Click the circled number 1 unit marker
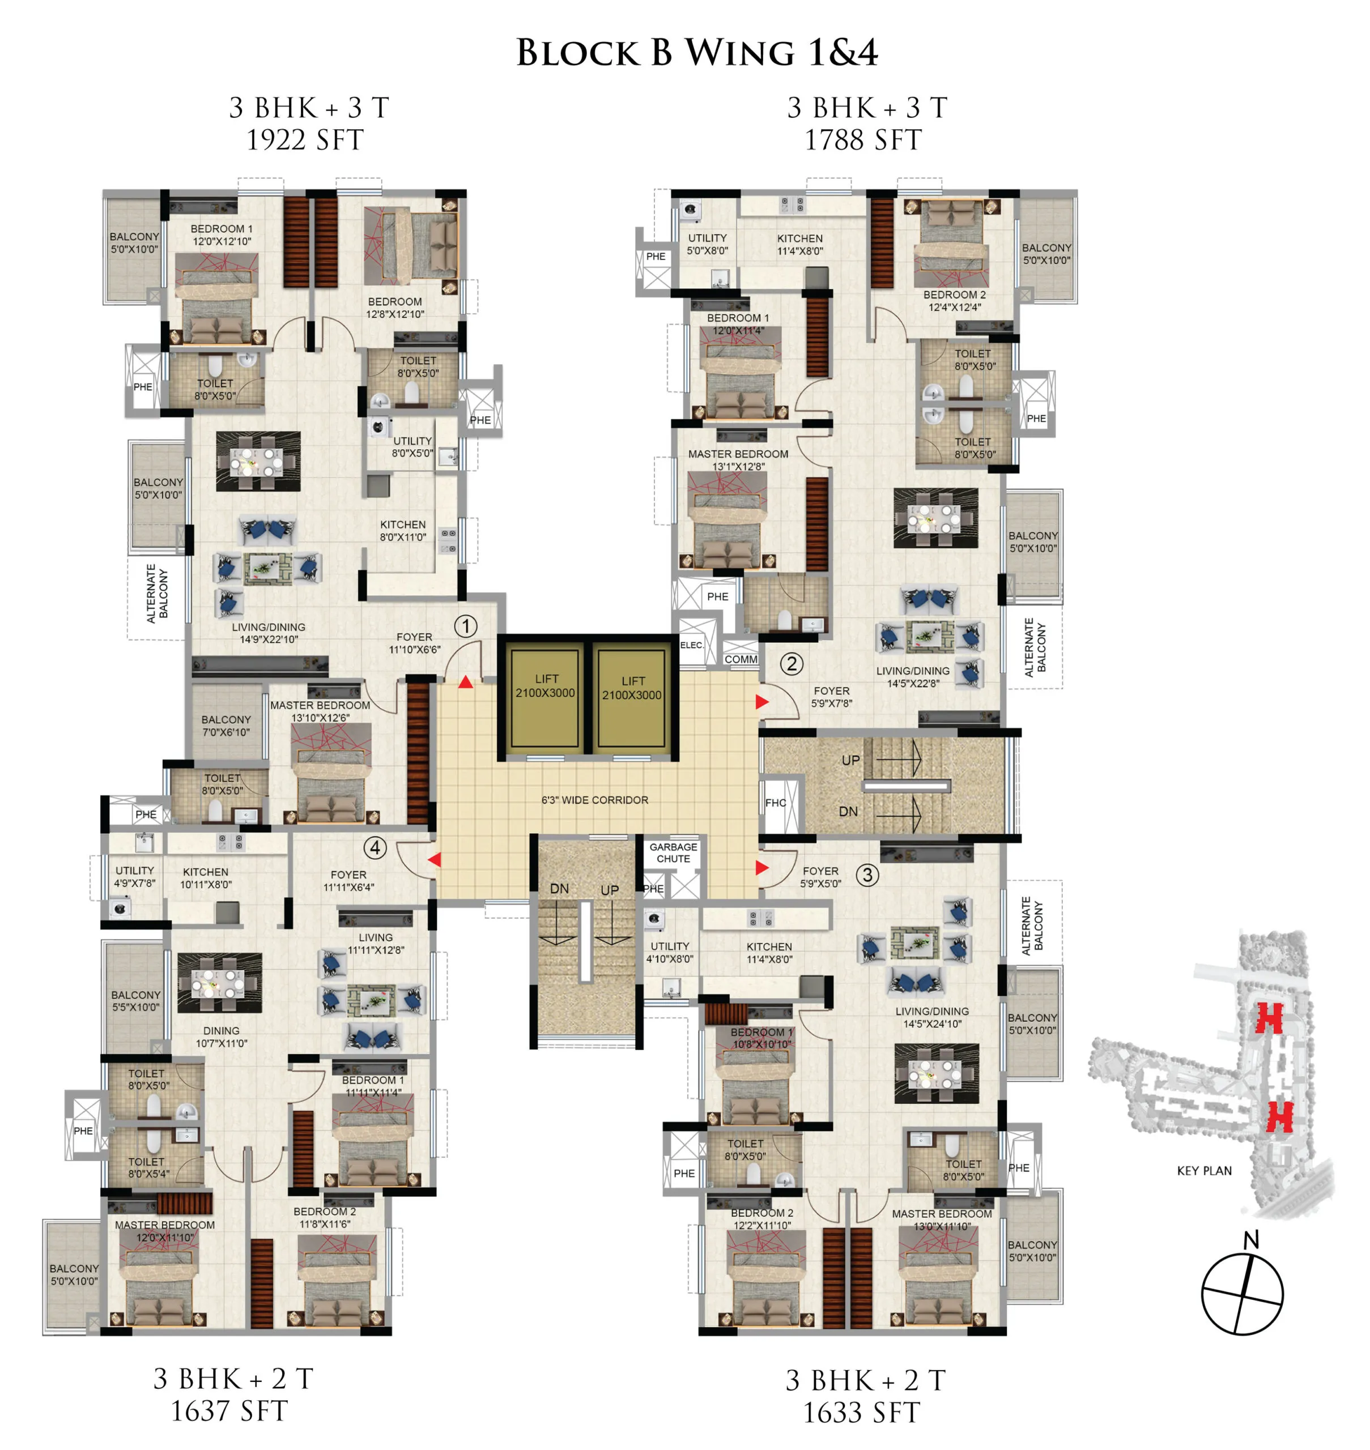tap(466, 626)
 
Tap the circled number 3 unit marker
tap(867, 875)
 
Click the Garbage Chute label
tap(673, 853)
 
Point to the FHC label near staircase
tap(776, 803)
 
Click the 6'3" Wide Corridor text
tap(594, 800)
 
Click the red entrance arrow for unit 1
tap(466, 682)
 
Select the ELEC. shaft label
tap(692, 645)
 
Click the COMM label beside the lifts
tap(741, 659)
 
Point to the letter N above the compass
tap(1251, 1240)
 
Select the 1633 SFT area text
tap(862, 1413)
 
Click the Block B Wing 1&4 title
tap(697, 53)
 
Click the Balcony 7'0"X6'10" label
tap(227, 726)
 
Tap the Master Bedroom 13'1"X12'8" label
tap(738, 460)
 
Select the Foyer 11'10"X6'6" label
tap(414, 643)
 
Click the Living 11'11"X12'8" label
tap(376, 943)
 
